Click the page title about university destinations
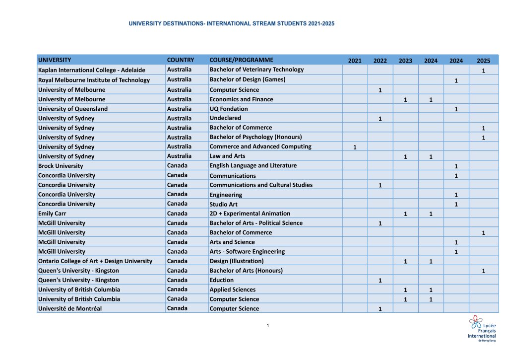pyautogui.click(x=232, y=23)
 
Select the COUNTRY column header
pyautogui.click(x=181, y=60)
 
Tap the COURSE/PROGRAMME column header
pyautogui.click(x=241, y=60)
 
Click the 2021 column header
pyautogui.click(x=355, y=61)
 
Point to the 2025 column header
pyautogui.click(x=483, y=61)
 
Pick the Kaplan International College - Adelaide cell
pyautogui.click(x=92, y=70)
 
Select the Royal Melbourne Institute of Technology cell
pyautogui.click(x=94, y=80)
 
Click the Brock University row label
pyautogui.click(x=61, y=166)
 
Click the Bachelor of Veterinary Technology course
pyautogui.click(x=256, y=70)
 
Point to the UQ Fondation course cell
pyautogui.click(x=229, y=109)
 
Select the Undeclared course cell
pyautogui.click(x=225, y=118)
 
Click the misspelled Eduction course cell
pyautogui.click(x=222, y=280)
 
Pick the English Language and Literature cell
pyautogui.click(x=253, y=165)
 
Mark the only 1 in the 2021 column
pyautogui.click(x=355, y=147)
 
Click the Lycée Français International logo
pyautogui.click(x=482, y=328)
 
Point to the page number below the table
pyautogui.click(x=267, y=326)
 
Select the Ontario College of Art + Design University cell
pyautogui.click(x=95, y=261)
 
